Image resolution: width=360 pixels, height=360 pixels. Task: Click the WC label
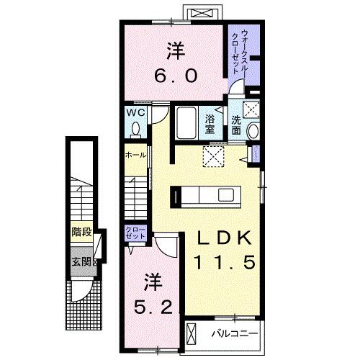(136, 114)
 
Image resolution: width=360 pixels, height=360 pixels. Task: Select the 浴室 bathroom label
(211, 124)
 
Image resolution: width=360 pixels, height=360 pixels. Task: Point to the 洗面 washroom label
(237, 124)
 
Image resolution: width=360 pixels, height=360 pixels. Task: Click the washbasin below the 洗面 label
(253, 132)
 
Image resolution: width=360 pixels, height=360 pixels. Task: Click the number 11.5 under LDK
(224, 264)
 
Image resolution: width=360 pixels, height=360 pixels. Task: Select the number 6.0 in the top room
(174, 74)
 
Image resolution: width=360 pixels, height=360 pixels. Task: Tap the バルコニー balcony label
(233, 334)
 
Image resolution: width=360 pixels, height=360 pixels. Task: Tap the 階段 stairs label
(81, 232)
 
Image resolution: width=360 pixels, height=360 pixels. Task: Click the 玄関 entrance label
(81, 261)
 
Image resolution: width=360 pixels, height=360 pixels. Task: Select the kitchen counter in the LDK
(204, 195)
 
